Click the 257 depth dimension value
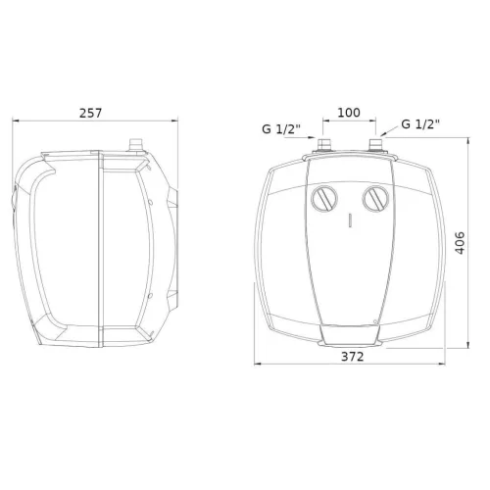(x=91, y=113)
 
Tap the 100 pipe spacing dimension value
(x=349, y=113)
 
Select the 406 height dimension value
(x=460, y=243)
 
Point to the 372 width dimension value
(x=353, y=357)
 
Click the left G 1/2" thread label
(x=281, y=129)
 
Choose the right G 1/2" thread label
(x=420, y=124)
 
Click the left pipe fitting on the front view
(x=324, y=145)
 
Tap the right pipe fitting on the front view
(x=376, y=145)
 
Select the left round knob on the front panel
(x=324, y=199)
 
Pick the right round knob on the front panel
(x=376, y=199)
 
